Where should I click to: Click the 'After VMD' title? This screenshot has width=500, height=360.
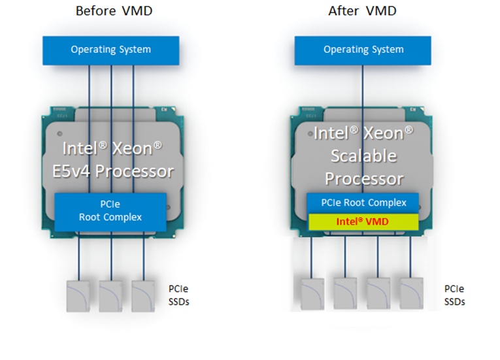coord(363,10)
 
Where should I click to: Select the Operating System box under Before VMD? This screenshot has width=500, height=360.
coord(110,50)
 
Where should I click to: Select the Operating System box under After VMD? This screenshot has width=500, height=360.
coord(363,50)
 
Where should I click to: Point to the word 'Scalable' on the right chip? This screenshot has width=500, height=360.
coord(363,155)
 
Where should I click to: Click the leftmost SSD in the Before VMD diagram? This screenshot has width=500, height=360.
coord(80,295)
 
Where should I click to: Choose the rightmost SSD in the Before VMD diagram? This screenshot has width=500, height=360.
coord(144,295)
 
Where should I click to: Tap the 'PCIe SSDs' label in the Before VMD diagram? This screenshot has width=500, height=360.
coord(178,295)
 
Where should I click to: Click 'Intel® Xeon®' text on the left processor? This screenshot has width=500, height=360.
coord(110,148)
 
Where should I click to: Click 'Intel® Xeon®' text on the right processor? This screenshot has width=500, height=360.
coord(363,133)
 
